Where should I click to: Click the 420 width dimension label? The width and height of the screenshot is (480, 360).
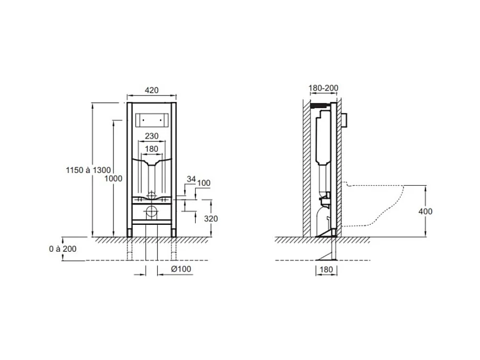point(151,90)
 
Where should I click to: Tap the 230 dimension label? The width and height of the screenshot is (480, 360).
point(151,136)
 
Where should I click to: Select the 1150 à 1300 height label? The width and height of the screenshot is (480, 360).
point(88,170)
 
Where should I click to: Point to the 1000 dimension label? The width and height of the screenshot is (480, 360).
point(113,178)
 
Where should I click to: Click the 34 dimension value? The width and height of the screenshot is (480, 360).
point(191,179)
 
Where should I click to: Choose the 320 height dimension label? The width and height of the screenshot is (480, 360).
point(211,219)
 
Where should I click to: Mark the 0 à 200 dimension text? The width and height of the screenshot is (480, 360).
point(62,249)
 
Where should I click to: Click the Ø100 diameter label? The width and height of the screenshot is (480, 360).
point(181,269)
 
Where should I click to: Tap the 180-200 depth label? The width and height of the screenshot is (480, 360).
point(323,88)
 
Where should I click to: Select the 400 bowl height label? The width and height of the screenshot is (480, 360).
point(426,211)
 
